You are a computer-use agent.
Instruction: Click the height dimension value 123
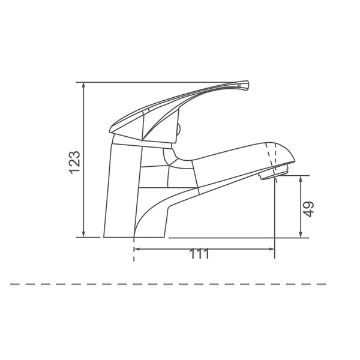coord(75,162)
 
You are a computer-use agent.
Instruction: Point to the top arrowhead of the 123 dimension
coord(84,86)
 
